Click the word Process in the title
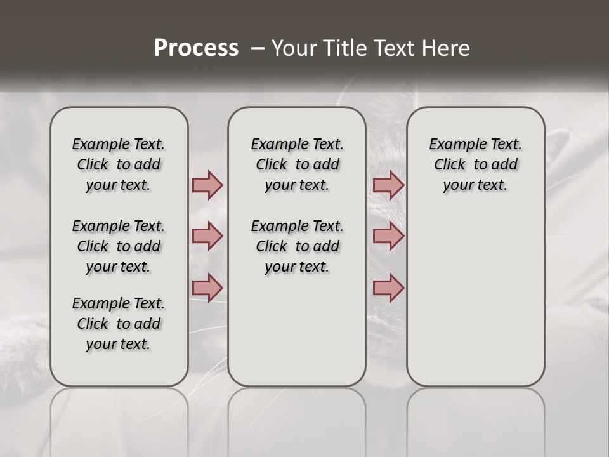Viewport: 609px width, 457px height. [x=196, y=48]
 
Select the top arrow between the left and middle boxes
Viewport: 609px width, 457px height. [x=207, y=185]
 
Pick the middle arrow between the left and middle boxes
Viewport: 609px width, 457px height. [x=207, y=236]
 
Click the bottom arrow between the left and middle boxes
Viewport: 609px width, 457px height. [x=207, y=288]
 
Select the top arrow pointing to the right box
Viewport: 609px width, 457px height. [x=388, y=185]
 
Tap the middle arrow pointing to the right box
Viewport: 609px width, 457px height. [x=388, y=236]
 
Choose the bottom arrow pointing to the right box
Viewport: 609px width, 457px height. [x=388, y=288]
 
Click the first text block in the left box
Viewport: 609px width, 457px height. [x=119, y=164]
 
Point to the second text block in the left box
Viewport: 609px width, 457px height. [x=119, y=246]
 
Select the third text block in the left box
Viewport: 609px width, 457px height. [x=119, y=324]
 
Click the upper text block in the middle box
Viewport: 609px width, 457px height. [x=297, y=164]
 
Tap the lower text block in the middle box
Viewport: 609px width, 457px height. [x=297, y=246]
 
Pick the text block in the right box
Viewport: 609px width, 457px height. [x=475, y=164]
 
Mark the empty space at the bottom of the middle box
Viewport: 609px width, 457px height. [x=297, y=336]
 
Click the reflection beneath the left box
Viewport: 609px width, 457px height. [x=119, y=419]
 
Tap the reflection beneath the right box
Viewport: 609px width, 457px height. [x=475, y=419]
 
